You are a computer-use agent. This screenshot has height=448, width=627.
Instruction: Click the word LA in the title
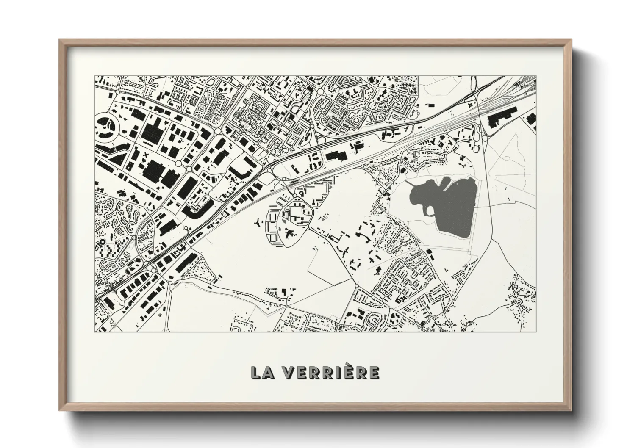[263, 372]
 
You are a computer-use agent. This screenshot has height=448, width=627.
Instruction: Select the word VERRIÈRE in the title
[330, 372]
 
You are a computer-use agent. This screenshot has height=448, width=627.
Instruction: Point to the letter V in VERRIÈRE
[288, 372]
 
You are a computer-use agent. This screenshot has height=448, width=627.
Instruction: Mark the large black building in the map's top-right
[500, 117]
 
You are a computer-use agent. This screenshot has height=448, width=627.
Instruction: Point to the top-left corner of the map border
[94, 76]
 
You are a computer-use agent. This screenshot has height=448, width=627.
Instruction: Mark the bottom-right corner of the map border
[535, 332]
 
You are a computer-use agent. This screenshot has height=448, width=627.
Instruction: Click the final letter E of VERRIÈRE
[374, 372]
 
